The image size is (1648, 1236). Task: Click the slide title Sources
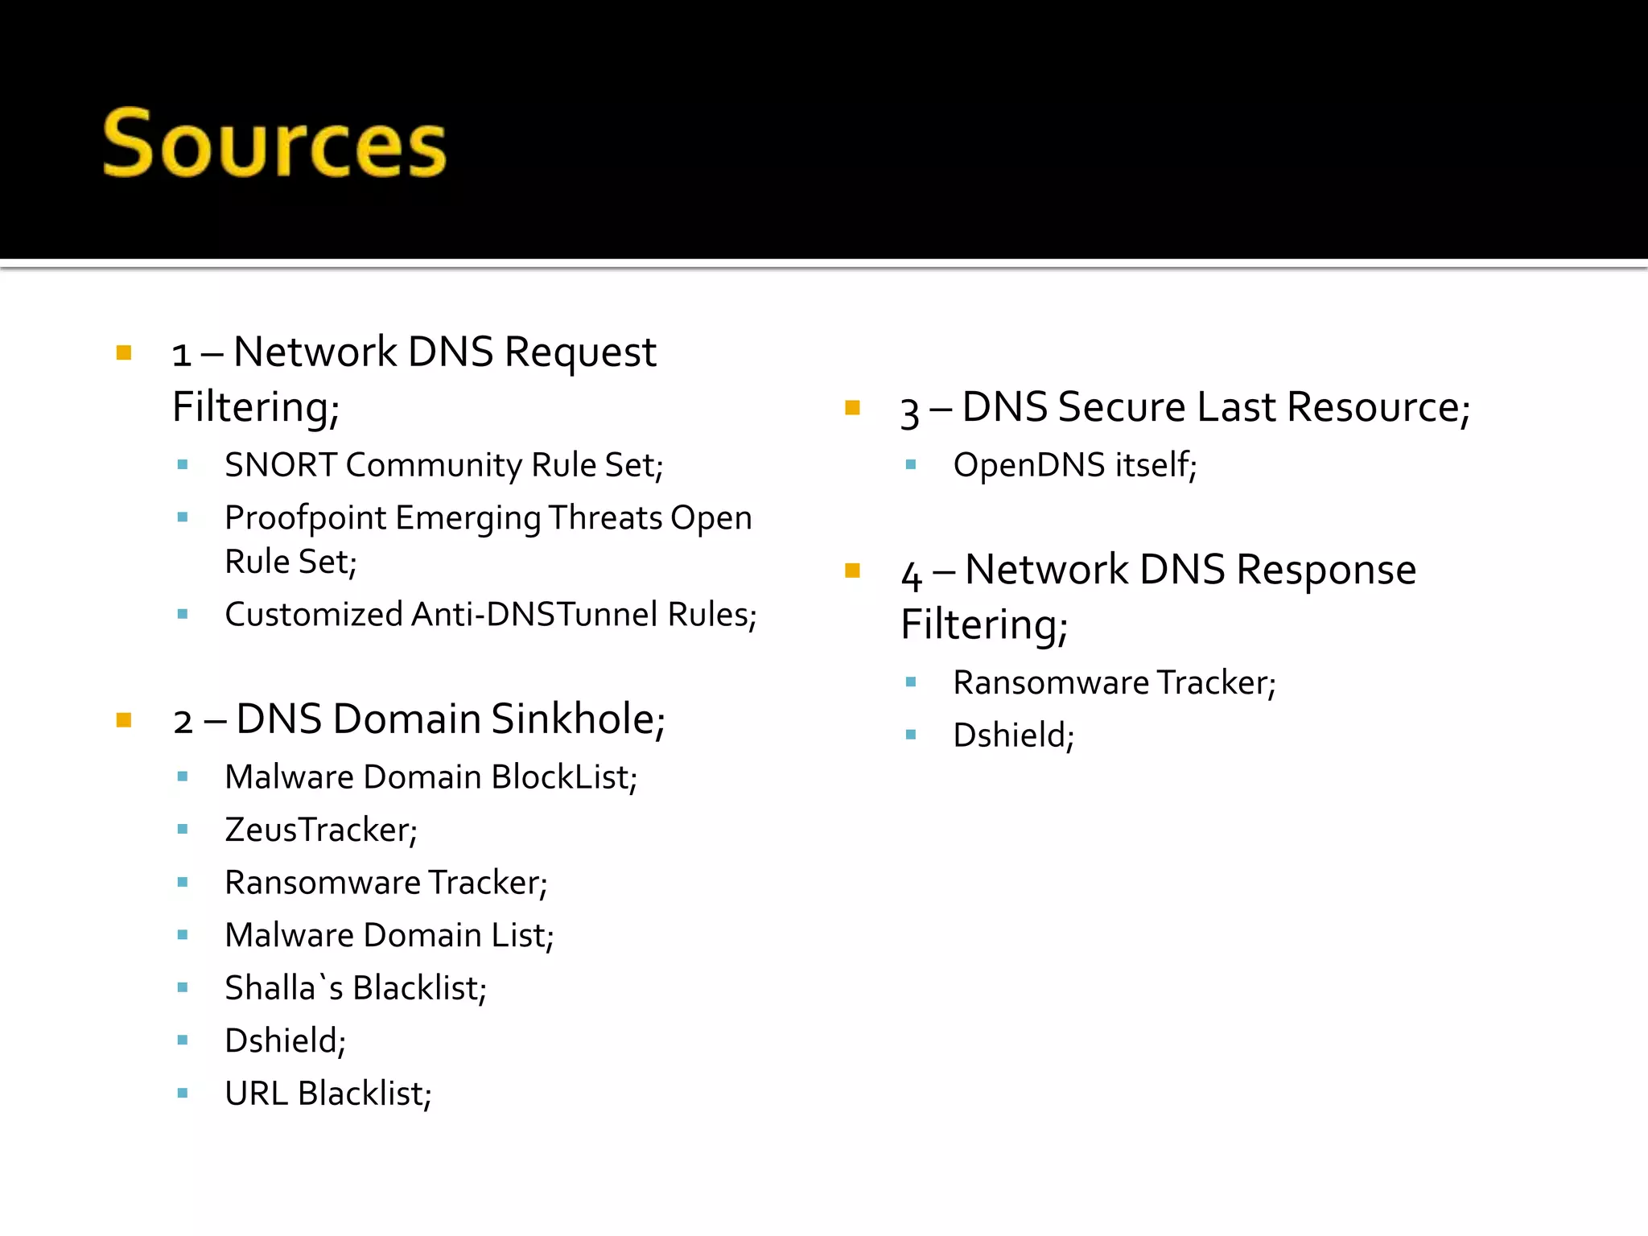point(274,145)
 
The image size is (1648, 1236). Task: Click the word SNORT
point(280,465)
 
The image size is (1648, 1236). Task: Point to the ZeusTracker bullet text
point(320,830)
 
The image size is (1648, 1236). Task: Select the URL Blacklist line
point(328,1094)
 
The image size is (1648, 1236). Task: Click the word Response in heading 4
point(1325,571)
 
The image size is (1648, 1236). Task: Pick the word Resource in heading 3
point(1378,407)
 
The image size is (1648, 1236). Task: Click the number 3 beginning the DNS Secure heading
point(909,412)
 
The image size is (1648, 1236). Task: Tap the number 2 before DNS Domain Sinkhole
point(183,722)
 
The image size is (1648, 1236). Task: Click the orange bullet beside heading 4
point(853,571)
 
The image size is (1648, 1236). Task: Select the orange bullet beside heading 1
point(124,352)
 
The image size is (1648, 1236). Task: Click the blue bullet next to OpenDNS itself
point(911,465)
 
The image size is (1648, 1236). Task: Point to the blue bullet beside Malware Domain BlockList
point(183,777)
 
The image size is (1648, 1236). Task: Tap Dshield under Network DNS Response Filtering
point(1013,735)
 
